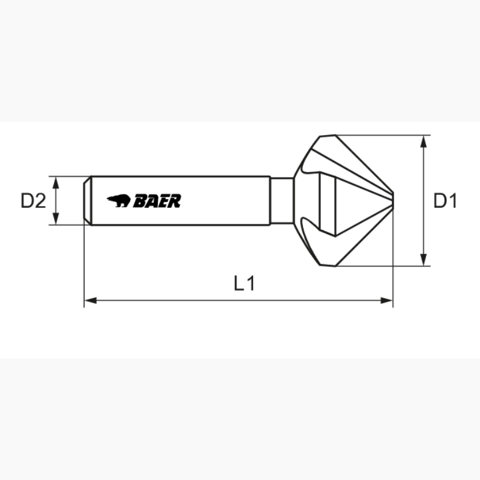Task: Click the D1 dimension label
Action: tap(445, 201)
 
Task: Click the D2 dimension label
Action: tap(34, 201)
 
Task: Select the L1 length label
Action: tap(245, 283)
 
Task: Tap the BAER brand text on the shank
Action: tap(157, 201)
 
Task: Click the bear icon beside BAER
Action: tap(118, 200)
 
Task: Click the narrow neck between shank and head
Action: tap(281, 200)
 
